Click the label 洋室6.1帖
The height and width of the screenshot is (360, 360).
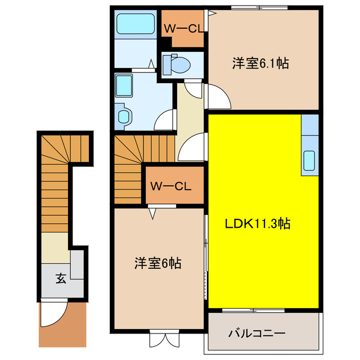(260, 64)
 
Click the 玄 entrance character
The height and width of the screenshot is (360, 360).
(60, 277)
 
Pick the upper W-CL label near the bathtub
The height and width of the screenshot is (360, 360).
(183, 29)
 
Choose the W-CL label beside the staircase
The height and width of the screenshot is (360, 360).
(172, 185)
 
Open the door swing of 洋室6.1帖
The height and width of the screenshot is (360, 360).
(217, 96)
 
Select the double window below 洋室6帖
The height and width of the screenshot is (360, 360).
(163, 340)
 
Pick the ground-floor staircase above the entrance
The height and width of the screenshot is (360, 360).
(55, 180)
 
